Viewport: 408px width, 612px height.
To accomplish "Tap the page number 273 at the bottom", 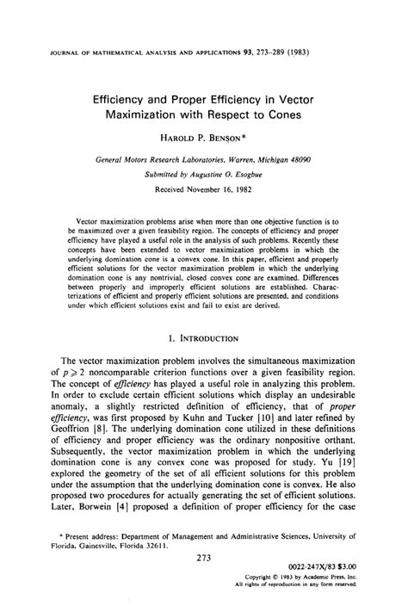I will [204, 559].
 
